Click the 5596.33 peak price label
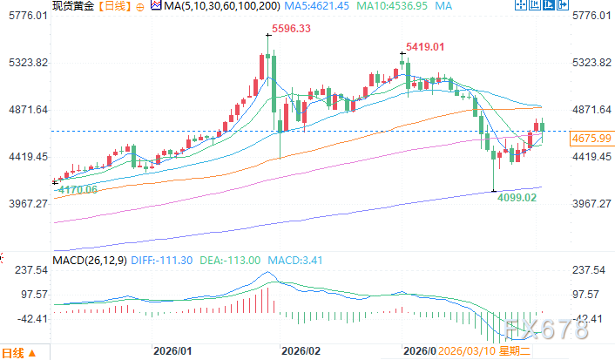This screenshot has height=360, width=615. (x=293, y=29)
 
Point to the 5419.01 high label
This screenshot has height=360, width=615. (x=425, y=46)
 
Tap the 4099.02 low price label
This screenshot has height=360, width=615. (x=516, y=198)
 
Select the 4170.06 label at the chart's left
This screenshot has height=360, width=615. (x=76, y=189)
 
